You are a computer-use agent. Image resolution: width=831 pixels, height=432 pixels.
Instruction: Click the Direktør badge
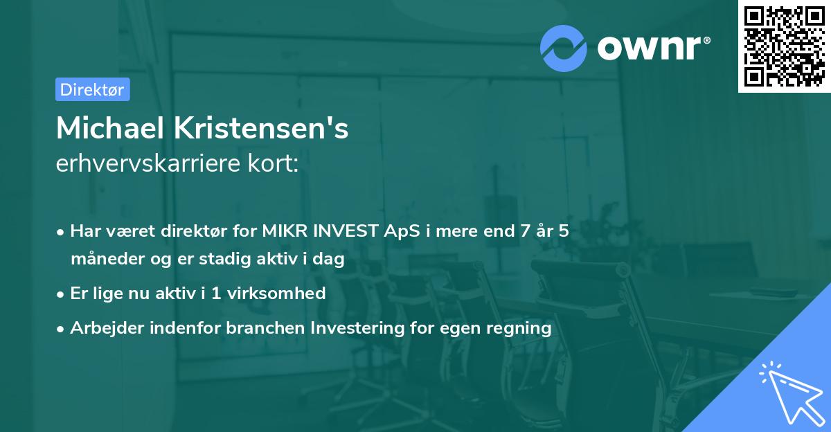[x=92, y=89]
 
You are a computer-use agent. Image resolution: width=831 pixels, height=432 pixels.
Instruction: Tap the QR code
[x=784, y=46]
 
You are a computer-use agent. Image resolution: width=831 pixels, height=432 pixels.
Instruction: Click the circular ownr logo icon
[x=564, y=48]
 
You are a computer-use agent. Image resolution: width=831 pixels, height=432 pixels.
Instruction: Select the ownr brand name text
[x=652, y=48]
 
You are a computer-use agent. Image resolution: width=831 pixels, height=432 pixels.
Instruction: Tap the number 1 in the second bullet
[x=216, y=294]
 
